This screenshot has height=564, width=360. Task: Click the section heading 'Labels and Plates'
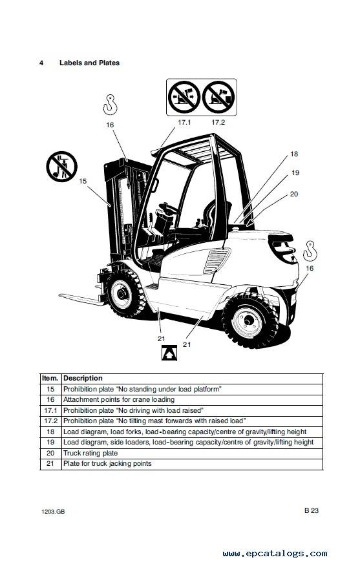(89, 63)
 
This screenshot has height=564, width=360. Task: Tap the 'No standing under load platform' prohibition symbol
(61, 167)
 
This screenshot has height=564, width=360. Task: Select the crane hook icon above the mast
(110, 105)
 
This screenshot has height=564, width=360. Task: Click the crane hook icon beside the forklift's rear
(310, 251)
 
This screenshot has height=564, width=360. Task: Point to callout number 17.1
(184, 122)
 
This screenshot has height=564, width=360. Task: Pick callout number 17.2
(218, 122)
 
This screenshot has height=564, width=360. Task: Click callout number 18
(294, 154)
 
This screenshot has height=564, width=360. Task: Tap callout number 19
(295, 173)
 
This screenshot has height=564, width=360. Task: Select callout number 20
(294, 194)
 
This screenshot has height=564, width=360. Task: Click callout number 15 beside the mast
(83, 181)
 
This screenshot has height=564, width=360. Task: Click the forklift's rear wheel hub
(248, 321)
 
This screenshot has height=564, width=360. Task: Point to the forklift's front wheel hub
(122, 293)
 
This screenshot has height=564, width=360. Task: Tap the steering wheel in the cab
(169, 208)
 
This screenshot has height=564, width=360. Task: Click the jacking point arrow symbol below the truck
(169, 353)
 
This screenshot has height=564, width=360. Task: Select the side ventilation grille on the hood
(217, 261)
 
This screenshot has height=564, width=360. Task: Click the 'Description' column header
(83, 379)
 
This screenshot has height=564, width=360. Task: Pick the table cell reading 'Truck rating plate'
(90, 454)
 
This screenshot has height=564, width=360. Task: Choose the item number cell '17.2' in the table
(50, 421)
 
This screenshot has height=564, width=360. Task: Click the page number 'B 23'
(312, 510)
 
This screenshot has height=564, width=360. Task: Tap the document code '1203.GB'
(53, 512)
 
